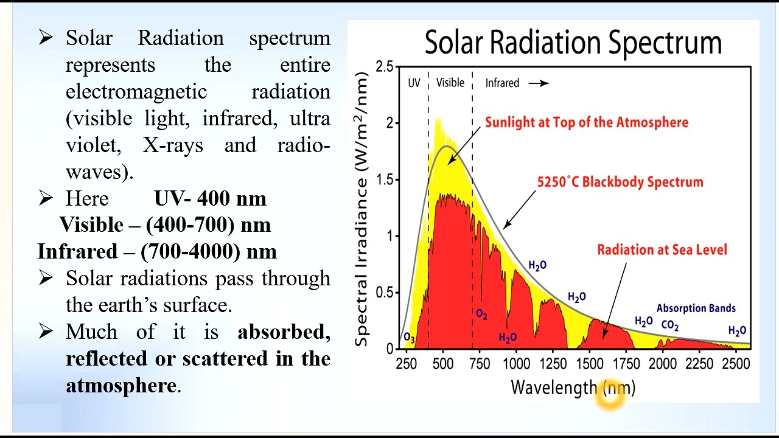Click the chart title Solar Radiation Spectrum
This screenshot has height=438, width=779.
pyautogui.click(x=573, y=43)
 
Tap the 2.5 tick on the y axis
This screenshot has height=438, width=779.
pyautogui.click(x=383, y=66)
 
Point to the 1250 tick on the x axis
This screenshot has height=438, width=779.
pyautogui.click(x=553, y=364)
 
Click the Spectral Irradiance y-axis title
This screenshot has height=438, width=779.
pyautogui.click(x=362, y=209)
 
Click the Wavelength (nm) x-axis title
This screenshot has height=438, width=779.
pyautogui.click(x=573, y=388)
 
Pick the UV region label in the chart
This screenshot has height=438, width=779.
pyautogui.click(x=414, y=83)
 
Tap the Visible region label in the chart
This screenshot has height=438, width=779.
pyautogui.click(x=450, y=83)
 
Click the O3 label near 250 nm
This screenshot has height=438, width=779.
pyautogui.click(x=409, y=338)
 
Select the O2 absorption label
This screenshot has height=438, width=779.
pyautogui.click(x=481, y=314)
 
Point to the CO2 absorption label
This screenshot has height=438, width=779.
pyautogui.click(x=669, y=325)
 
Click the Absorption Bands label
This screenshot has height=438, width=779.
pyautogui.click(x=696, y=308)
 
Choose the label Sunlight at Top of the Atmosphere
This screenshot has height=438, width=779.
pyautogui.click(x=586, y=122)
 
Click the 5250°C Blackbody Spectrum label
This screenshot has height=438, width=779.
pyautogui.click(x=620, y=182)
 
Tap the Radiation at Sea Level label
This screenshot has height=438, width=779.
pyautogui.click(x=662, y=249)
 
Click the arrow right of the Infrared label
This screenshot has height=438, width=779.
pyautogui.click(x=539, y=83)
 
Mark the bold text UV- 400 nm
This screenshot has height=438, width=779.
pyautogui.click(x=210, y=199)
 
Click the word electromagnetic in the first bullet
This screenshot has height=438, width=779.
pyautogui.click(x=136, y=92)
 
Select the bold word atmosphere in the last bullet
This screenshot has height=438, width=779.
pyautogui.click(x=121, y=386)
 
